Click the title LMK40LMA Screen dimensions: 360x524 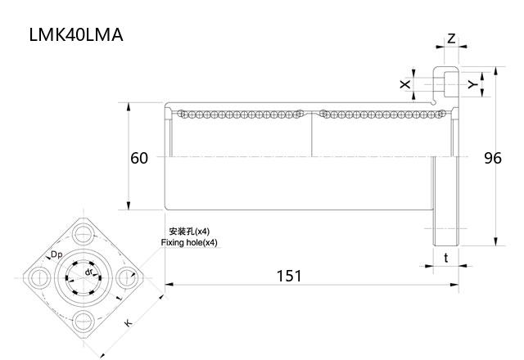[76, 35]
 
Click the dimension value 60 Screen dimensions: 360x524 [139, 158]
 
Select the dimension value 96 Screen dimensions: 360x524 [492, 158]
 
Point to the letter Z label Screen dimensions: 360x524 [451, 38]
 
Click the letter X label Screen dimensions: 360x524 [404, 84]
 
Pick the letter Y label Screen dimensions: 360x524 [471, 84]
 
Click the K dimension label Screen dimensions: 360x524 [128, 323]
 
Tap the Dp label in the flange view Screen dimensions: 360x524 [57, 255]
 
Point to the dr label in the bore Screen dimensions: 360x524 [89, 271]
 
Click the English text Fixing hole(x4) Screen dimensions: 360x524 [189, 243]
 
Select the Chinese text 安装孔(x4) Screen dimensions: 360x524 [188, 232]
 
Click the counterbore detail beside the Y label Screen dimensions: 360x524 [445, 83]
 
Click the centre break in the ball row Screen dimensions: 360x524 [312, 115]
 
